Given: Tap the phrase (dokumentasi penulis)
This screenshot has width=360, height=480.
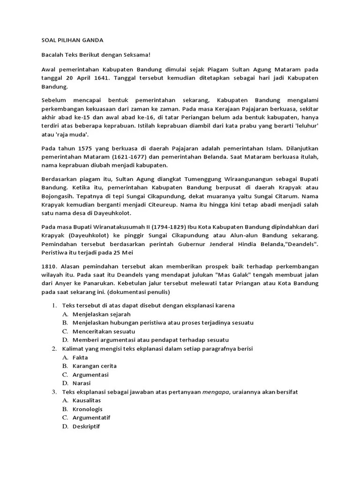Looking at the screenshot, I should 142,292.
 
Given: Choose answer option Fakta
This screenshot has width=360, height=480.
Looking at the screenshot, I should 81,357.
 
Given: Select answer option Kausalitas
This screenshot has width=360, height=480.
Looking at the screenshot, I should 87,400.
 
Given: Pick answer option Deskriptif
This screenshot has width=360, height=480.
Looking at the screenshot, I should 86,426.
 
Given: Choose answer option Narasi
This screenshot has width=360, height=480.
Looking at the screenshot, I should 82,383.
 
